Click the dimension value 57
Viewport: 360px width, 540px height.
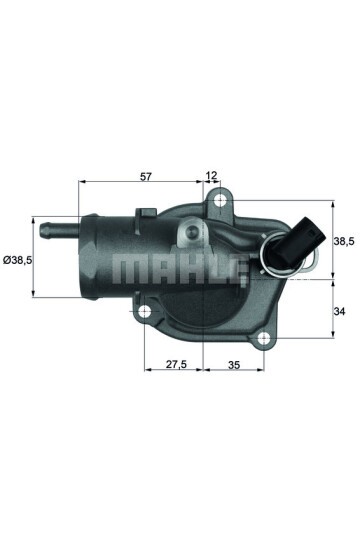click(146, 176)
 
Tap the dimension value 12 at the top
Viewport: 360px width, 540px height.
click(211, 176)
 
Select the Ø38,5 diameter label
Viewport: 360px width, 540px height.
click(18, 260)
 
